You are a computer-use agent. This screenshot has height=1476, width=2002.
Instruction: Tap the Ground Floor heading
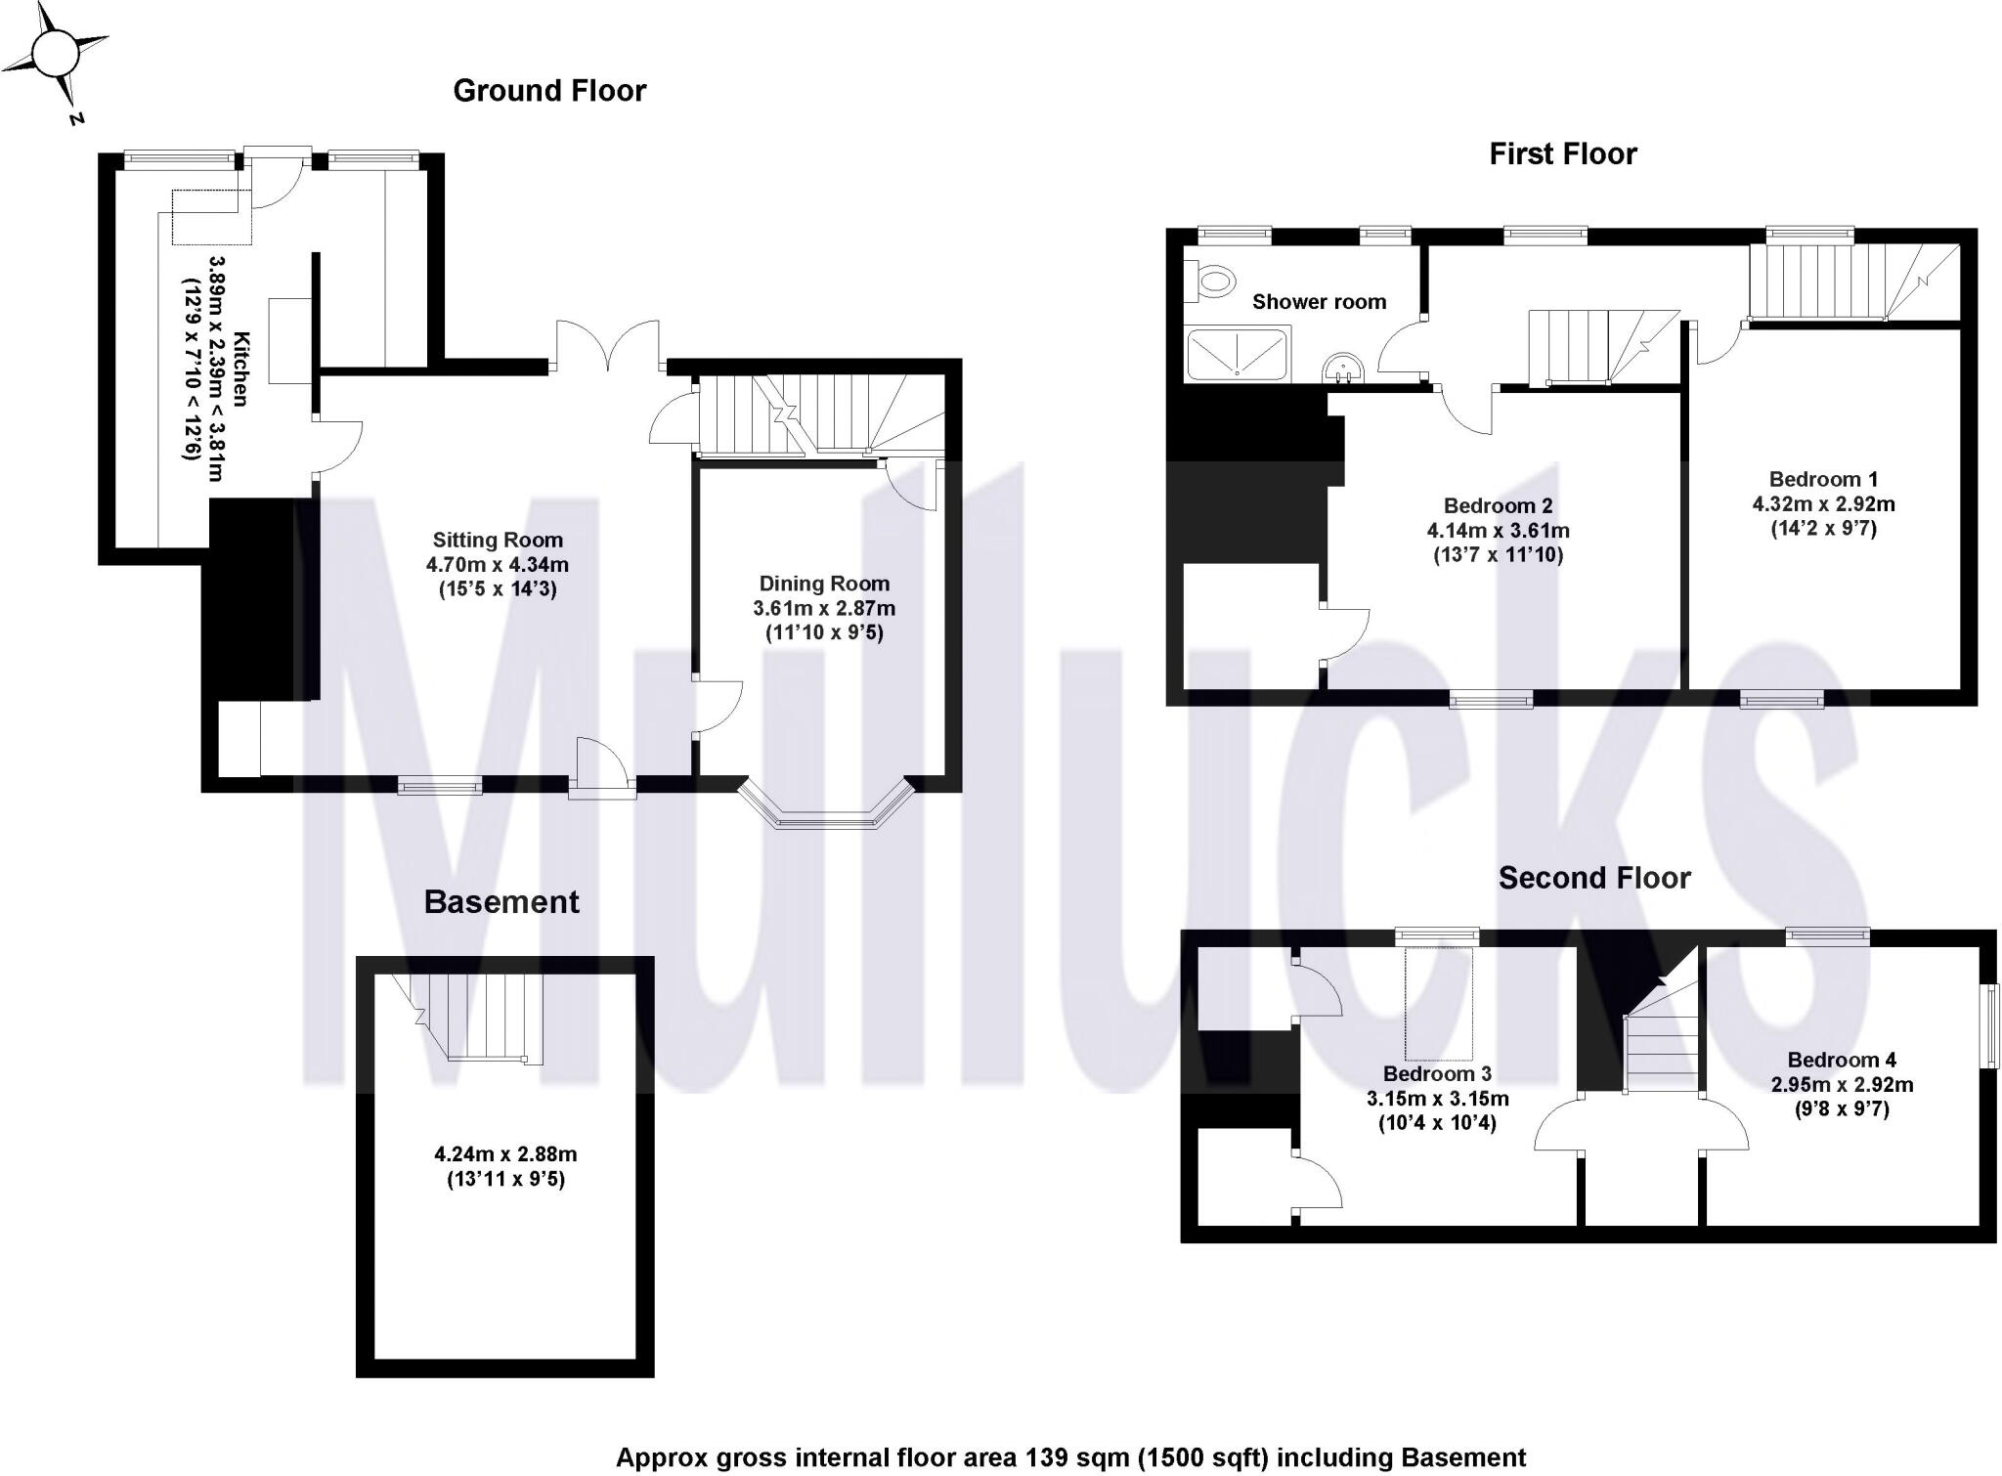coord(549,91)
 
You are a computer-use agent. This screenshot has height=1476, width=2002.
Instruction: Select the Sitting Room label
coord(498,540)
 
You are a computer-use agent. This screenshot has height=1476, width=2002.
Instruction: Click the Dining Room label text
coord(824,584)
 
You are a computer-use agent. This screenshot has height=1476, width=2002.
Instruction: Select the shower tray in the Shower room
coord(1237,353)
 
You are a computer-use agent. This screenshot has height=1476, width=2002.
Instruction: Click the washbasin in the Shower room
coord(1343,369)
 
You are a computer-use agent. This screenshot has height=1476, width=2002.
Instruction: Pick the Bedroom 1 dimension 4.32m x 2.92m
coord(1823,504)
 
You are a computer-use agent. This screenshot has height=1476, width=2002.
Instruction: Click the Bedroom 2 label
coord(1498,505)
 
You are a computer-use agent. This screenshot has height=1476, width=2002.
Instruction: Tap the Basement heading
coord(501,902)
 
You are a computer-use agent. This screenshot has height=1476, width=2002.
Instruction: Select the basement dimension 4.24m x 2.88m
coord(505,1154)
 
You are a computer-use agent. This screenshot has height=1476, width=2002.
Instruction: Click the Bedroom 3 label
coord(1437,1074)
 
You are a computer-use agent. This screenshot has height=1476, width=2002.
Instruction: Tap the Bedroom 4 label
coord(1842,1060)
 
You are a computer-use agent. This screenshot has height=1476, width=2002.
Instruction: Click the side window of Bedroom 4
coord(1988,1026)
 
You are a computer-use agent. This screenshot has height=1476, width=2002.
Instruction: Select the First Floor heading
coord(1562,154)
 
